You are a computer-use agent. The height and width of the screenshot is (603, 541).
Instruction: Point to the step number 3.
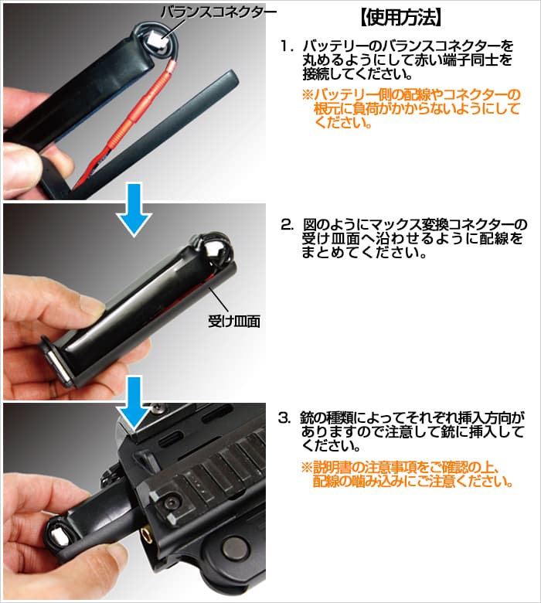(286, 417)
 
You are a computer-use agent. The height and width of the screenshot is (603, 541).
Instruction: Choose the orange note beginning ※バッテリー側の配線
(410, 109)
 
